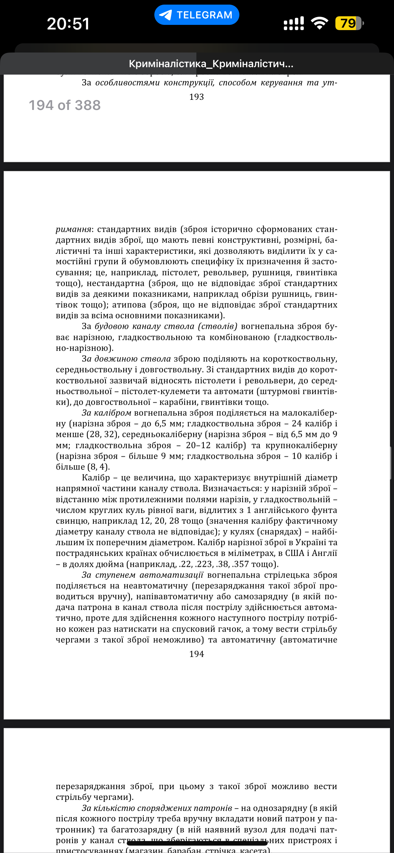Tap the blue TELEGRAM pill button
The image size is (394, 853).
pyautogui.click(x=196, y=15)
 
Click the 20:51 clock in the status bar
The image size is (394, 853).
pyautogui.click(x=68, y=24)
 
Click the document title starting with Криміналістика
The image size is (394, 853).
pyautogui.click(x=211, y=64)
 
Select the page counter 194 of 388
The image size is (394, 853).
pyautogui.click(x=64, y=105)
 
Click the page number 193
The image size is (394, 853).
pyautogui.click(x=196, y=97)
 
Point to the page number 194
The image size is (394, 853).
pyautogui.click(x=196, y=654)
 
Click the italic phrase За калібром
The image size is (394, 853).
pyautogui.click(x=106, y=413)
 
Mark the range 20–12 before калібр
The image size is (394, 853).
pyautogui.click(x=198, y=445)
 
